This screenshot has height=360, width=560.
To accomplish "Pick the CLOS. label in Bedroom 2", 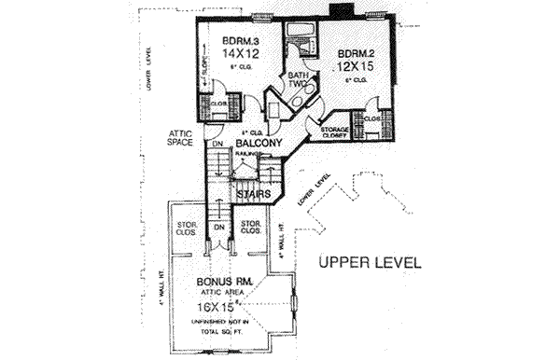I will pos(371,119).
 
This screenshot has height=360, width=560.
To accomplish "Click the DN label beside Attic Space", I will pos(215,145).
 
